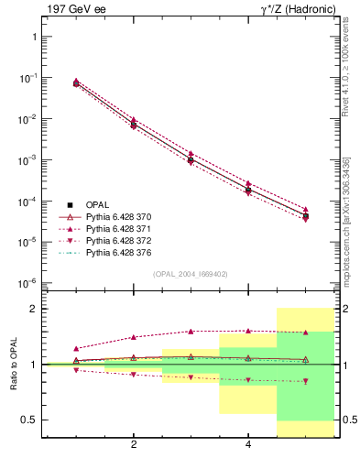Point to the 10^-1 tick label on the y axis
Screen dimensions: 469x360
click(27, 78)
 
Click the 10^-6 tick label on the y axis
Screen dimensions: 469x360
click(27, 283)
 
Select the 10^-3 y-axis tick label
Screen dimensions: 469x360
click(27, 160)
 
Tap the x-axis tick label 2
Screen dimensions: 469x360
click(134, 446)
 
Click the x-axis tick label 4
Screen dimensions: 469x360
click(248, 446)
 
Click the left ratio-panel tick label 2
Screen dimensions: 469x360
click(34, 309)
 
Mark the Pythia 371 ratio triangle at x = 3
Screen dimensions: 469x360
click(191, 332)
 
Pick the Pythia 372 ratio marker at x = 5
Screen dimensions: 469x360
click(305, 381)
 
